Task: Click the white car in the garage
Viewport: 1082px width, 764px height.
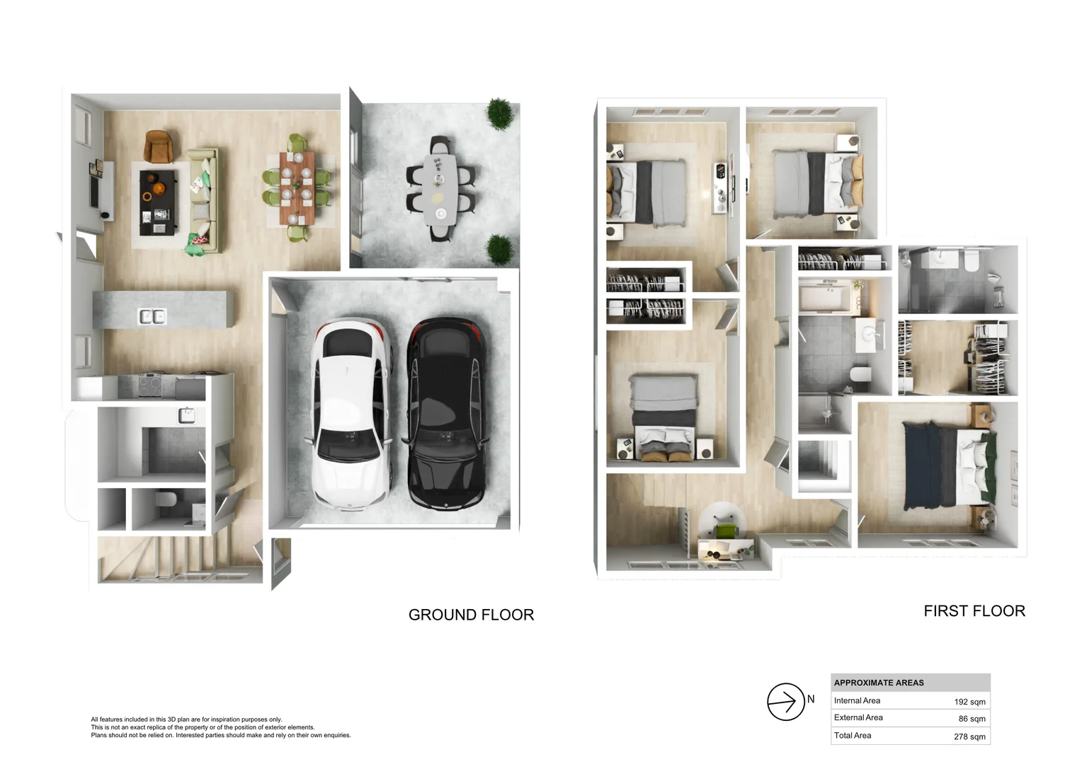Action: point(351,414)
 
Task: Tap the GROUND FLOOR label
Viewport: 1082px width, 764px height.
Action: point(471,615)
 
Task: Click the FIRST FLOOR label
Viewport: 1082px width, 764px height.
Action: point(974,611)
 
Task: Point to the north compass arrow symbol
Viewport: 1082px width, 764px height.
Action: point(785,702)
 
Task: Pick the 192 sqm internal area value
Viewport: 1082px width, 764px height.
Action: point(969,702)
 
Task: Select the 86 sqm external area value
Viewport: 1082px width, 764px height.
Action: point(972,719)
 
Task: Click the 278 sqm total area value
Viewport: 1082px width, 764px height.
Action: point(969,736)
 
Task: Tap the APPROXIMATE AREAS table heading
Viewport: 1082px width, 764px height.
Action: point(879,683)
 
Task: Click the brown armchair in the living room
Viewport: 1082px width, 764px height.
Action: point(159,146)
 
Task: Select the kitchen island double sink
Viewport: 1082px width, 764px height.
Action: point(153,317)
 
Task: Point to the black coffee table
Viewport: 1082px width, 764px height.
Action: point(157,203)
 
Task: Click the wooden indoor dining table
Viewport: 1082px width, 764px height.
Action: point(297,188)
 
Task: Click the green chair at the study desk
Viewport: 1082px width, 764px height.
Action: point(726,530)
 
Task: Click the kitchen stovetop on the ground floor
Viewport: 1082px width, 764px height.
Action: point(151,385)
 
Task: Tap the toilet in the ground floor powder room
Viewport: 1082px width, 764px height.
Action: point(166,499)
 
